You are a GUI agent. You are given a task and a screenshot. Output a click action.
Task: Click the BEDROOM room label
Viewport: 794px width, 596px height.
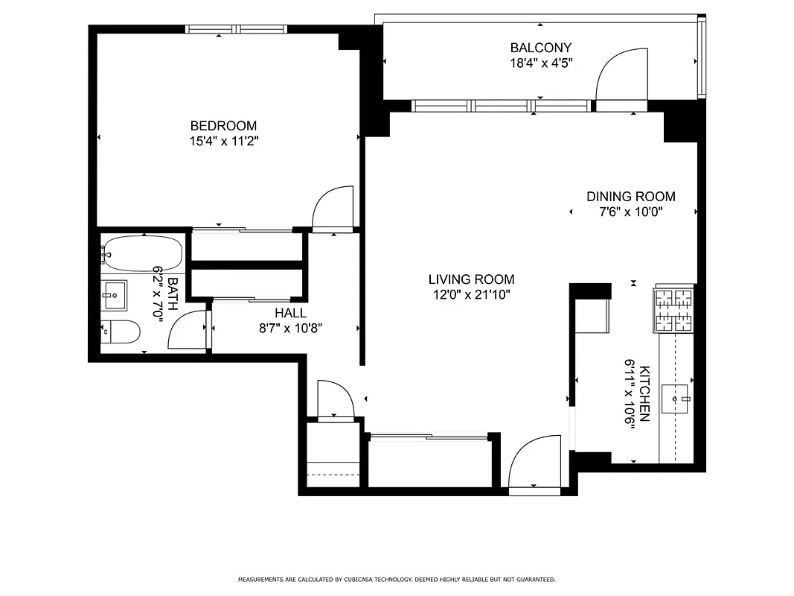pyautogui.click(x=223, y=126)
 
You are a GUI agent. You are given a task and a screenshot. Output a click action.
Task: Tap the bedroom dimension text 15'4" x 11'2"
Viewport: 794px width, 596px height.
pyautogui.click(x=223, y=141)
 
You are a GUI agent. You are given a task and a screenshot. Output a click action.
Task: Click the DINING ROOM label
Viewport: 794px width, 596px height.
pyautogui.click(x=631, y=197)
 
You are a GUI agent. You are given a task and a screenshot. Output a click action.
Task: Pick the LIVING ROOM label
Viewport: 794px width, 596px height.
pyautogui.click(x=471, y=279)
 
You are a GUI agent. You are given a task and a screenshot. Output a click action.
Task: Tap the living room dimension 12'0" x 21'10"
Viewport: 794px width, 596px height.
pyautogui.click(x=471, y=294)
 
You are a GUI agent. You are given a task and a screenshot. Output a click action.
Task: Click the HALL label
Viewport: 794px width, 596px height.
pyautogui.click(x=290, y=313)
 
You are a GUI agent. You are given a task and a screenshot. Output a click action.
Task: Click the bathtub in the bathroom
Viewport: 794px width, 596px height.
pyautogui.click(x=141, y=253)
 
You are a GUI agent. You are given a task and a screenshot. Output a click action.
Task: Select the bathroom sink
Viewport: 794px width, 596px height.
pyautogui.click(x=115, y=295)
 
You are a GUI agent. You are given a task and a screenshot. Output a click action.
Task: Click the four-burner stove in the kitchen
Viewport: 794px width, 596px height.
pyautogui.click(x=673, y=310)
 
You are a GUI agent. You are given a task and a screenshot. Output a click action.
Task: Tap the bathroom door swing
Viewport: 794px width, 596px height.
pyautogui.click(x=188, y=329)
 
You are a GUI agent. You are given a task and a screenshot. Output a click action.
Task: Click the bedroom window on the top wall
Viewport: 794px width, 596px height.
pyautogui.click(x=236, y=30)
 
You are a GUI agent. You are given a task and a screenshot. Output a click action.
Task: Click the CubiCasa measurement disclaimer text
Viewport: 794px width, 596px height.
pyautogui.click(x=397, y=579)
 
